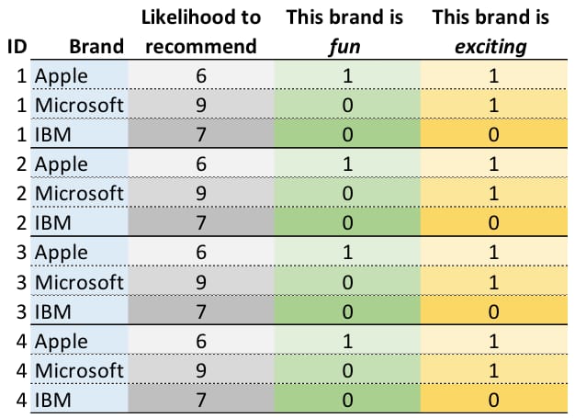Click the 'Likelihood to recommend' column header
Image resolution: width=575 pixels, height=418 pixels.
coord(200,31)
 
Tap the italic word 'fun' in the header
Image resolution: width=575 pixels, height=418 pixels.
coord(346,46)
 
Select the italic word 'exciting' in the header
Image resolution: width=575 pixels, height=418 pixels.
coord(493,46)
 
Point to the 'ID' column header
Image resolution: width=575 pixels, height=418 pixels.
coord(16,46)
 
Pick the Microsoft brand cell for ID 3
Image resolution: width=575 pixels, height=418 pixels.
coord(79,282)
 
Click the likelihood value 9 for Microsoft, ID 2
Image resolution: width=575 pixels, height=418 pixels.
coord(200,194)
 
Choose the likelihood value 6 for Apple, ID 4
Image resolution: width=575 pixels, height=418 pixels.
coord(200,341)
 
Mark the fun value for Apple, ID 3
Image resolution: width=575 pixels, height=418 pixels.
coord(346,253)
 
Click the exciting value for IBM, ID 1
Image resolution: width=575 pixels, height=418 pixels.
coord(493,135)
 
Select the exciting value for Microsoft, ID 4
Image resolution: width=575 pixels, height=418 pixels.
coord(493,370)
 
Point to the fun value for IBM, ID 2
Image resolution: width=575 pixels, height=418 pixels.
coord(346,223)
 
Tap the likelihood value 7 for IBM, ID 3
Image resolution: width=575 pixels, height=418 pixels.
coord(200,311)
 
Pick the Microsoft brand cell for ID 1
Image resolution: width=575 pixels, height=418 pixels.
coord(79,106)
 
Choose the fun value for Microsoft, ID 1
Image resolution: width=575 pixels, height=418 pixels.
coord(346,106)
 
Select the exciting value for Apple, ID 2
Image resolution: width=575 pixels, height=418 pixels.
coord(493,164)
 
